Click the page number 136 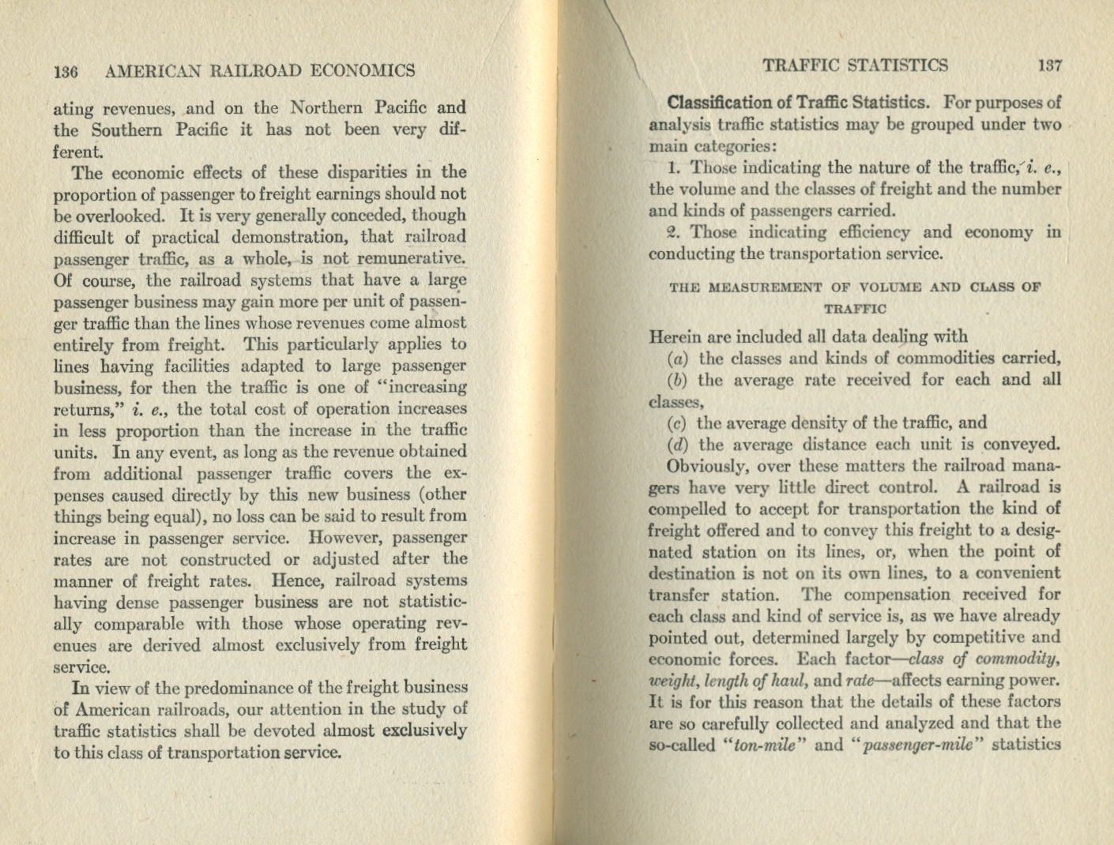(x=66, y=71)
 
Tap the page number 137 (x=1050, y=66)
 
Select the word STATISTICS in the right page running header (x=898, y=66)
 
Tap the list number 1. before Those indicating (x=674, y=167)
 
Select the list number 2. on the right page (x=674, y=232)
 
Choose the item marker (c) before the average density (x=677, y=423)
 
